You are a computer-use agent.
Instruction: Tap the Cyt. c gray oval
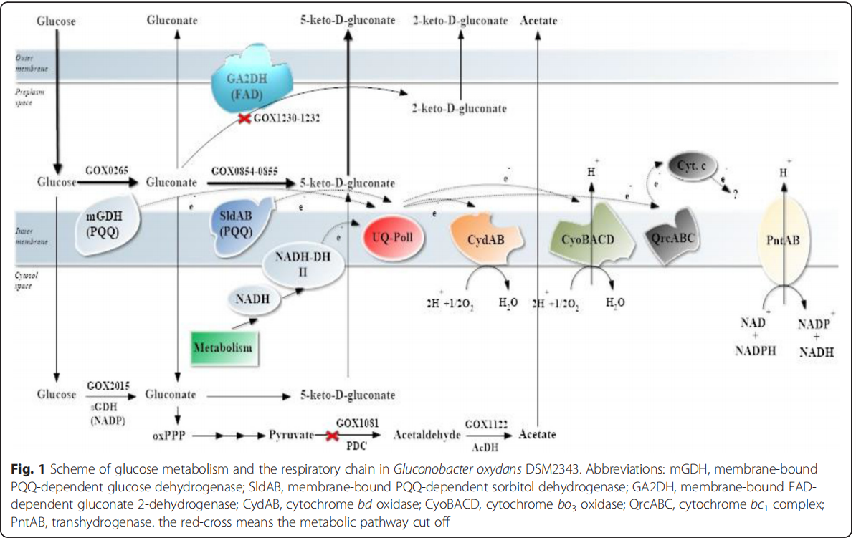[692, 166]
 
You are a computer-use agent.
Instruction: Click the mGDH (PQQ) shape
[106, 227]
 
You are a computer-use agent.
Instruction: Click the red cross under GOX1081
[332, 435]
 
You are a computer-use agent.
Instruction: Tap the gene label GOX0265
[105, 171]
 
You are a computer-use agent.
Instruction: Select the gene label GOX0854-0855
[245, 171]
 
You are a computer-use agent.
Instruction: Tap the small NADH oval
[252, 299]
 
